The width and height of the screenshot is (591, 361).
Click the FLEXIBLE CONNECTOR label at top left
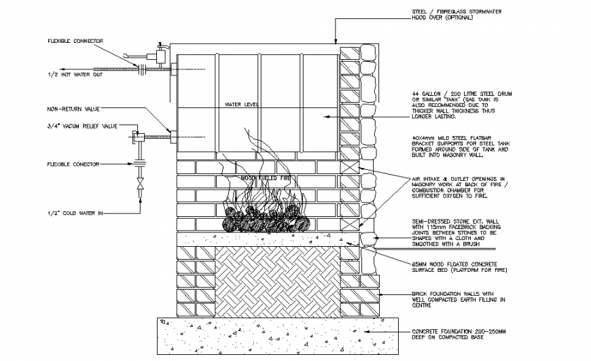pos(75,41)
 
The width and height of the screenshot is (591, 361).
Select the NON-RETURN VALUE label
pos(73,108)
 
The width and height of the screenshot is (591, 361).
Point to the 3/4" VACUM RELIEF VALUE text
pos(82,126)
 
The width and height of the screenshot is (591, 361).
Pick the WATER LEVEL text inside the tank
pos(243,105)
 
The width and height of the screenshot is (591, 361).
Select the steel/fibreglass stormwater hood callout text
pos(445,16)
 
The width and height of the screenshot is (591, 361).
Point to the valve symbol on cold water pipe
pos(140,185)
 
